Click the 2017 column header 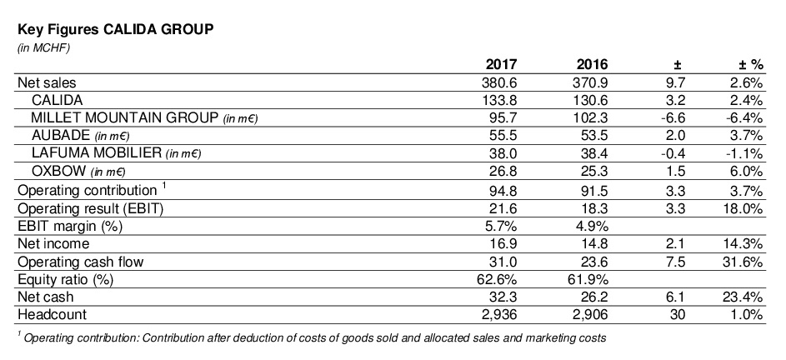(x=502, y=64)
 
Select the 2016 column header (x=592, y=64)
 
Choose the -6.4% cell (x=743, y=117)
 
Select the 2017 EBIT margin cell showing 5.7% (x=502, y=226)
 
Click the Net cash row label (x=46, y=296)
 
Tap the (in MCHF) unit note (x=43, y=47)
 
